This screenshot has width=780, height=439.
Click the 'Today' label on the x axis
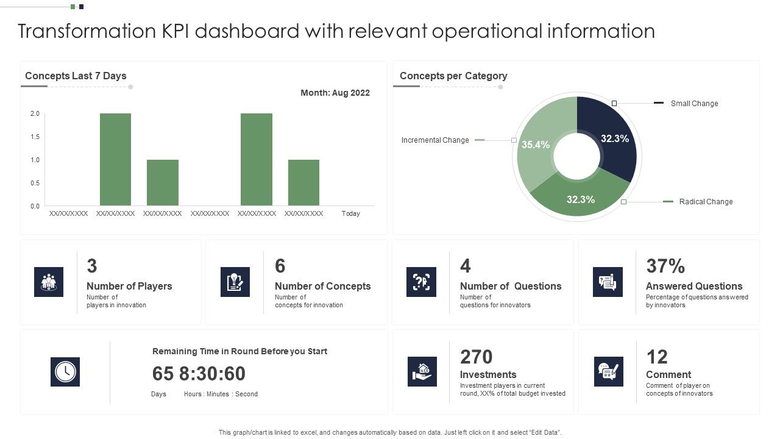click(x=350, y=213)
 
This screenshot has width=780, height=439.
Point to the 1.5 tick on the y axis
click(x=35, y=137)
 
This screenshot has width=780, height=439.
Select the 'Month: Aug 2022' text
click(x=335, y=93)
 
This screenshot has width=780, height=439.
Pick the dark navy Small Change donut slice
click(x=612, y=137)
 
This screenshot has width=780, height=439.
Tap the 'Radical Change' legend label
click(x=706, y=202)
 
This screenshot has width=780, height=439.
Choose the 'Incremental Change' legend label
click(x=435, y=140)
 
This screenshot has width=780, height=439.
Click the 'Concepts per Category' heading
click(x=453, y=76)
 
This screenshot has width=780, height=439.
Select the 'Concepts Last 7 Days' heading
click(x=76, y=76)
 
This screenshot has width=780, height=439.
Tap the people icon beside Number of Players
click(x=49, y=282)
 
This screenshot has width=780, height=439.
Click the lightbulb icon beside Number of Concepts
click(x=235, y=282)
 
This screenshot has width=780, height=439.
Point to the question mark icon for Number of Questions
click(x=421, y=282)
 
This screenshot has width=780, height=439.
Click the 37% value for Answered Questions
click(x=665, y=266)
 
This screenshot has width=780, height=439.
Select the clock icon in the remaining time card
click(x=65, y=371)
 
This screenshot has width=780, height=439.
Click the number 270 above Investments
click(x=476, y=357)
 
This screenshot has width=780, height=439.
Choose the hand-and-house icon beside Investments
click(x=422, y=371)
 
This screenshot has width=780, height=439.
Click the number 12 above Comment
click(x=657, y=357)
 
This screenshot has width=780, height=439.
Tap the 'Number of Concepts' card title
click(x=322, y=286)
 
